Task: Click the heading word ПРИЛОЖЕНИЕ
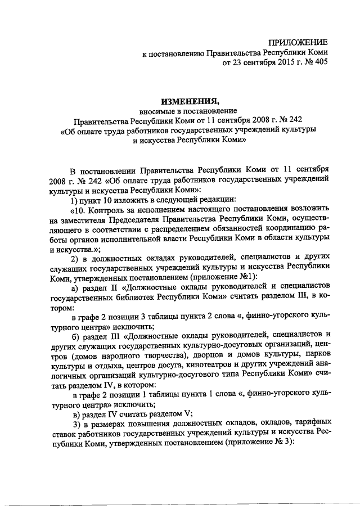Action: (298, 43)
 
